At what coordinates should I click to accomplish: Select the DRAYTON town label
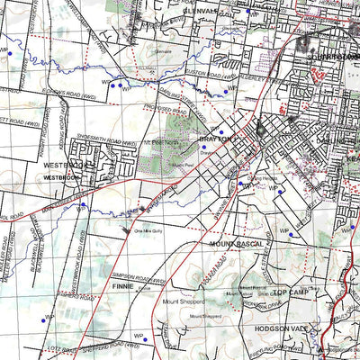coord(216,139)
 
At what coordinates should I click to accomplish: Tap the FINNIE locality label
coord(124,284)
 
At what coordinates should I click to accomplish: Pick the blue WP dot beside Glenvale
coord(247,13)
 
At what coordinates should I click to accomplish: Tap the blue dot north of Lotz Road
coord(42,319)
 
